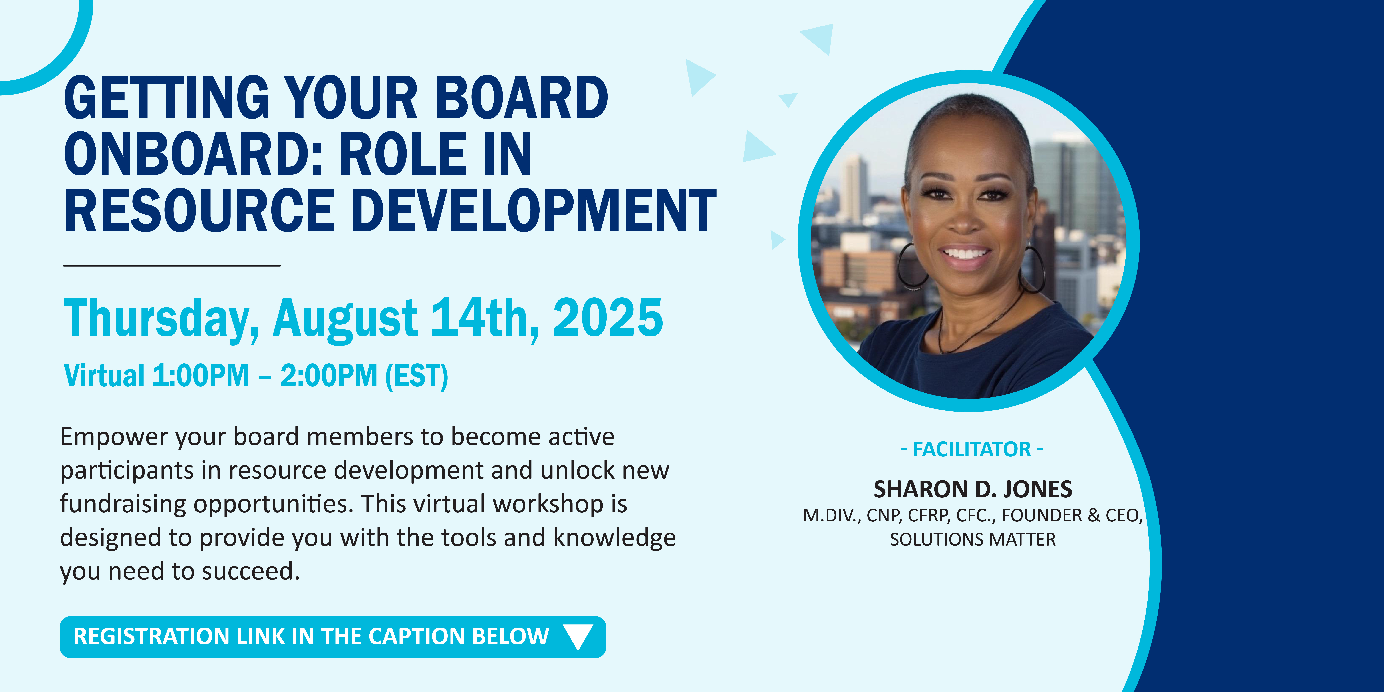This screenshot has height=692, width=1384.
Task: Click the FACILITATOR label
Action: (x=972, y=449)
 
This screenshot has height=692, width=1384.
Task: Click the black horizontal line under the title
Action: (x=172, y=265)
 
